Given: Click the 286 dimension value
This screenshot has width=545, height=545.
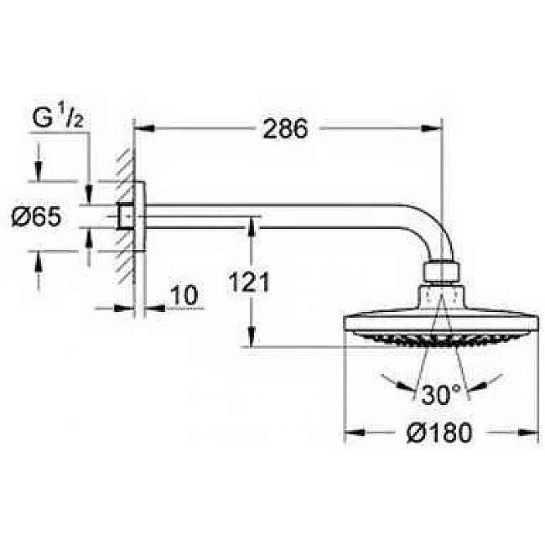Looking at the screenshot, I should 286,128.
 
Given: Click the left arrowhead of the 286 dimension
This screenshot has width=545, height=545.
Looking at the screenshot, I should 143,128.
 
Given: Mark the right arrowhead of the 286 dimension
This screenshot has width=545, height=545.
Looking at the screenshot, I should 434,128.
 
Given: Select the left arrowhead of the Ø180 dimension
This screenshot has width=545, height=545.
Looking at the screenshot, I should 353,433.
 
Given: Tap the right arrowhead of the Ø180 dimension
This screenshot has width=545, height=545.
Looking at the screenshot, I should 530,433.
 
